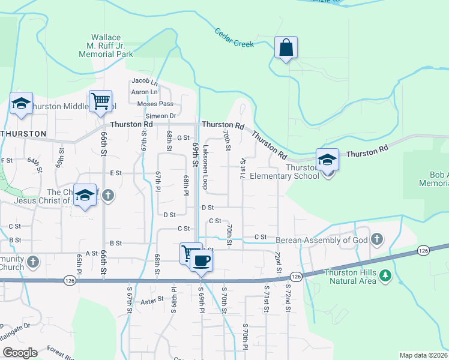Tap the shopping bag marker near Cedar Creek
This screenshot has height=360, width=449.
pos(286,47)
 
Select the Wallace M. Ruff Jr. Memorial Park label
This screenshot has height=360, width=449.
pos(106,46)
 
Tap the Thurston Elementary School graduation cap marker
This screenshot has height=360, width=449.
pos(327,160)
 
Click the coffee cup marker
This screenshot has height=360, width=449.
pos(202,261)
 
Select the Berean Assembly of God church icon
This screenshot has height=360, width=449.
pos(376,240)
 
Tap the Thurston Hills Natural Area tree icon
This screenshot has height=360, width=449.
pos(385,276)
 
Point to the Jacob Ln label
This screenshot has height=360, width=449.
pos(144,81)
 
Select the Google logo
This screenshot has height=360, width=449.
pos(20,352)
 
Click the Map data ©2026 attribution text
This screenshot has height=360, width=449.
pos(423,355)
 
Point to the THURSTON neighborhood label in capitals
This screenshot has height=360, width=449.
pos(23,133)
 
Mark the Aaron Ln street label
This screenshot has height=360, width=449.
pos(144,92)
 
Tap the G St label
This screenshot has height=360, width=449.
pos(183,138)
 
